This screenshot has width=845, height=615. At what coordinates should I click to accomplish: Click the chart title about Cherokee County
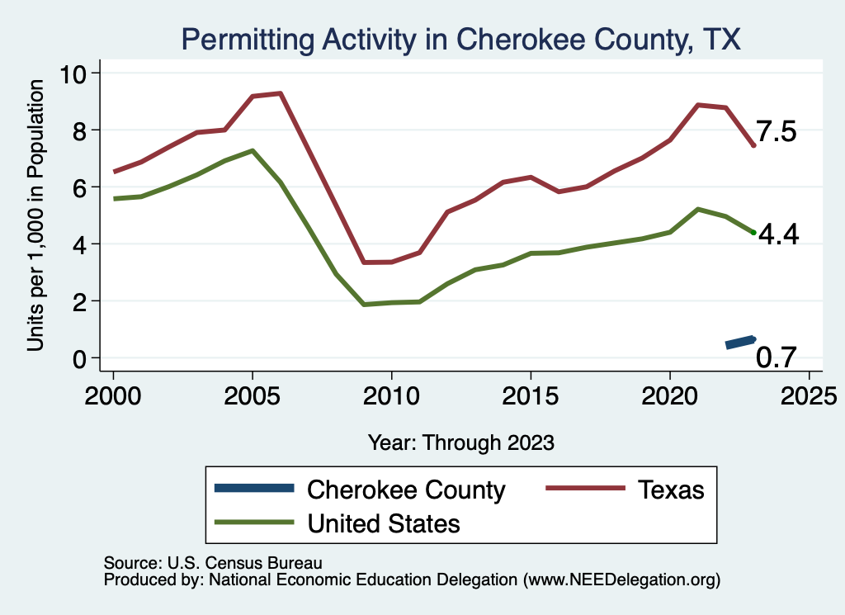[460, 39]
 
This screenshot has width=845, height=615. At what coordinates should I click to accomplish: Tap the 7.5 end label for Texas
[776, 132]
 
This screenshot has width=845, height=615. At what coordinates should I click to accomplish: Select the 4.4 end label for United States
[778, 235]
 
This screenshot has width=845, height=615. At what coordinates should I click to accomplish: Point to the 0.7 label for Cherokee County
[776, 357]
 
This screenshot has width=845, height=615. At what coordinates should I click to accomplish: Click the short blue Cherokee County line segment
[740, 342]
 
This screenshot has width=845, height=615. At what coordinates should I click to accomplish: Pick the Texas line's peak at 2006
[281, 93]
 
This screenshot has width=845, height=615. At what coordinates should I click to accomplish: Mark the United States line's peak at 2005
[253, 150]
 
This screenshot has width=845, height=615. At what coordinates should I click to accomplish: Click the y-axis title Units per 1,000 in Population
[35, 216]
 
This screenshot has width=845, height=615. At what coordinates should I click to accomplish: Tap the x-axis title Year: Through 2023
[460, 442]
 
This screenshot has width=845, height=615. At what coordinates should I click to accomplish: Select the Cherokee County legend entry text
[406, 490]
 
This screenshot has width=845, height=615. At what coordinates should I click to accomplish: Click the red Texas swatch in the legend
[583, 490]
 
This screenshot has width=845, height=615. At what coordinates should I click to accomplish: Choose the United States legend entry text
[384, 523]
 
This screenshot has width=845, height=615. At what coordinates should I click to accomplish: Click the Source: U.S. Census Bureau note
[212, 562]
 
